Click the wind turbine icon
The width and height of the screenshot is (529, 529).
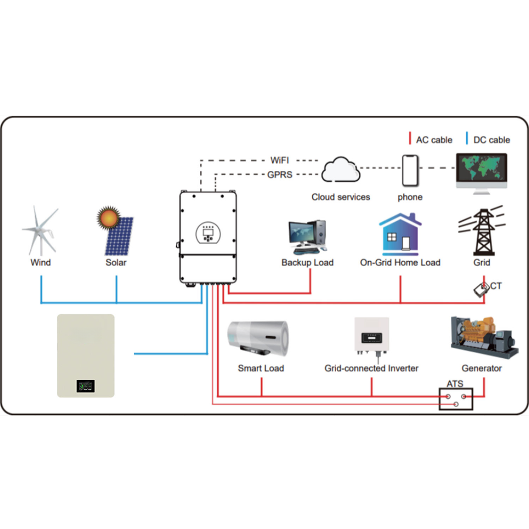point(40,231)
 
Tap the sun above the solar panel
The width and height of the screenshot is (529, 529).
point(108,218)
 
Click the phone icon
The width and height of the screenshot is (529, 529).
point(410,171)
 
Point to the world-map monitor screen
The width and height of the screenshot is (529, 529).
point(482,168)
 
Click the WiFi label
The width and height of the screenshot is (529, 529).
point(279,160)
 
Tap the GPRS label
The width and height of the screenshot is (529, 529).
point(280,175)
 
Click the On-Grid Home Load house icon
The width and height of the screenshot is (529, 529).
point(400,234)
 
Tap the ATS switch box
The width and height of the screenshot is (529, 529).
point(456,399)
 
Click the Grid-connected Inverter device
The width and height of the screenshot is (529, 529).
point(372,337)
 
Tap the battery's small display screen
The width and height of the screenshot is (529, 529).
point(86,386)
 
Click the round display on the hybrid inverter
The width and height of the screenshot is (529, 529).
point(208,233)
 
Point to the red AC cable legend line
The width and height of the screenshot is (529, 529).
point(410,138)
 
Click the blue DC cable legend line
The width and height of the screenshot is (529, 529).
point(467,138)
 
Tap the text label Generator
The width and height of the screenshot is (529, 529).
point(482,368)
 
